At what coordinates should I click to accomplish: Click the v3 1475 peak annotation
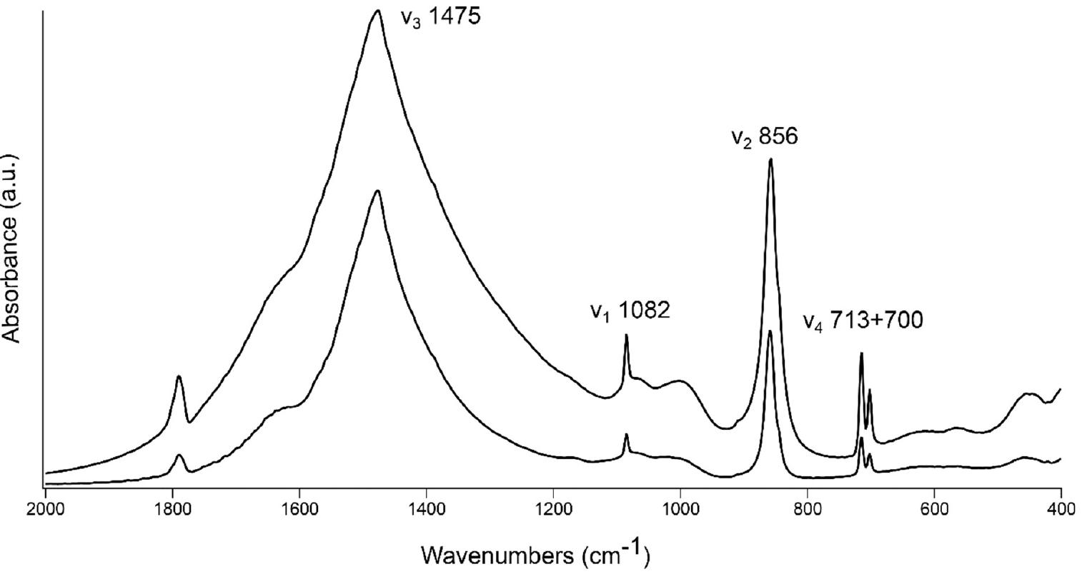click(x=440, y=17)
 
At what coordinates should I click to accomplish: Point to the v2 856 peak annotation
click(x=764, y=137)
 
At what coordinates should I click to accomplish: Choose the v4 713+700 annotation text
click(x=863, y=321)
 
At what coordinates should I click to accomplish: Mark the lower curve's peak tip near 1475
click(x=377, y=191)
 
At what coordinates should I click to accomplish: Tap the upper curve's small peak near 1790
click(x=179, y=376)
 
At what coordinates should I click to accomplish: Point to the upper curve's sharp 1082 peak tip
click(x=626, y=335)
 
